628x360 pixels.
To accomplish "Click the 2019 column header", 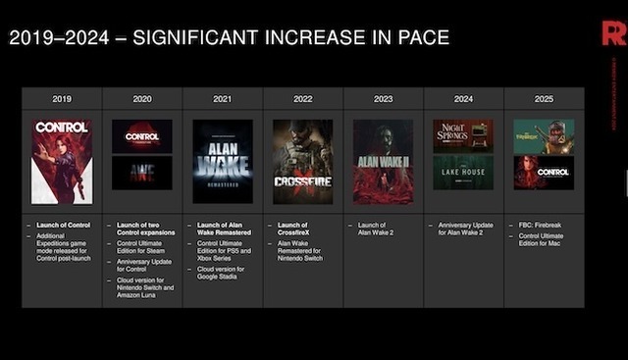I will [62, 99].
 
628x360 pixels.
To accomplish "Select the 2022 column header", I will [302, 99].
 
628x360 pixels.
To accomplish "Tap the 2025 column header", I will [544, 99].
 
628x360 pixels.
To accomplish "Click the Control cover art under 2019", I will [62, 161].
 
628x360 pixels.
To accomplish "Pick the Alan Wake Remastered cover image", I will [223, 161].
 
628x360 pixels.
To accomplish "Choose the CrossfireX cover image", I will [302, 161].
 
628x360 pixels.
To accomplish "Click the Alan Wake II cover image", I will [383, 161].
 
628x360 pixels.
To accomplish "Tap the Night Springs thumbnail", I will [463, 135].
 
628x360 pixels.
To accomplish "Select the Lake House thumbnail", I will [463, 173].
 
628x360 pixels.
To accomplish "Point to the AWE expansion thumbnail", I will [142, 173].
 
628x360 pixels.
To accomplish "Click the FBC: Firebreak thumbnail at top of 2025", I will [544, 135].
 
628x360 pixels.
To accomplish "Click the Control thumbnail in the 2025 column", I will [544, 173].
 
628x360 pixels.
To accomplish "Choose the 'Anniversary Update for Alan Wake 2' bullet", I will [467, 231].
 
